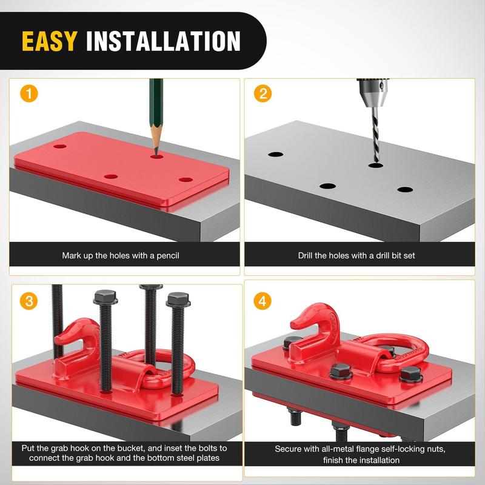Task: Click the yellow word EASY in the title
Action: (50, 41)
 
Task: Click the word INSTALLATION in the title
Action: (163, 41)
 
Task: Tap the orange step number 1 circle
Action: (29, 93)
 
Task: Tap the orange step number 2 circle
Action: (263, 93)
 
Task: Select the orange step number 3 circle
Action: (28, 301)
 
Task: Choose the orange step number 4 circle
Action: (263, 301)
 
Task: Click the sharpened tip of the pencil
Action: (156, 155)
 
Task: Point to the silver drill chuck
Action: (372, 92)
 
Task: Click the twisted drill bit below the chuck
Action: (375, 135)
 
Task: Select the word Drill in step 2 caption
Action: (306, 255)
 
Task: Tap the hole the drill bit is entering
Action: (376, 166)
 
